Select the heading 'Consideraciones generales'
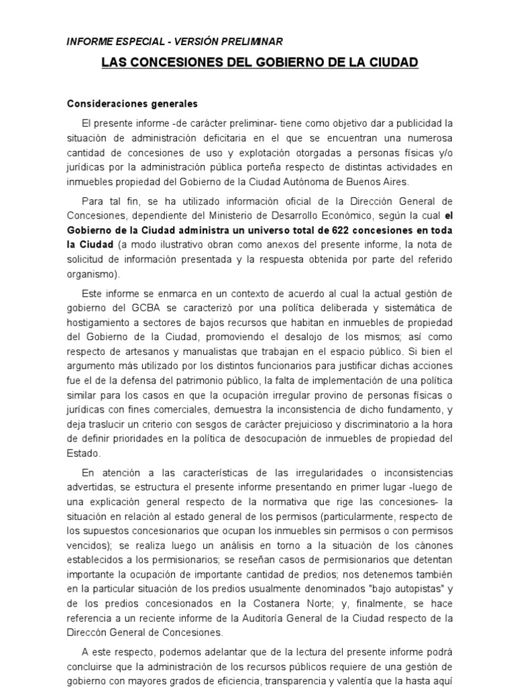132,104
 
